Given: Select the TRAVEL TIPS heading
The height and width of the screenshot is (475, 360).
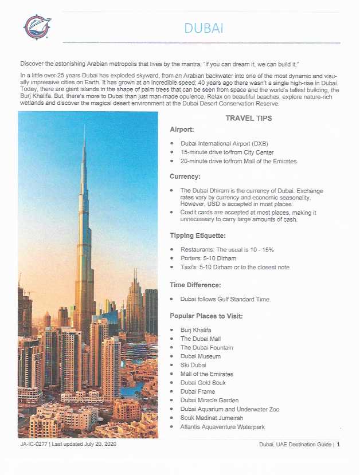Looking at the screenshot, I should click(x=248, y=119).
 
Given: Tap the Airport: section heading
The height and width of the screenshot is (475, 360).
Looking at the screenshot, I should click(x=182, y=129).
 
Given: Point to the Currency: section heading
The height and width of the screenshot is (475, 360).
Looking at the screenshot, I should click(x=185, y=176).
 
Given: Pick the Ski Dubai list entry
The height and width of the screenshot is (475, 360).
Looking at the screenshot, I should click(x=193, y=365).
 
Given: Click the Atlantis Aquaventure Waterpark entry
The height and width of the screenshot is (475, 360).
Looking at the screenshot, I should click(x=222, y=427).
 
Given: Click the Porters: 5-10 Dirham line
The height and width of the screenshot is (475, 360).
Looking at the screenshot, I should click(x=208, y=258).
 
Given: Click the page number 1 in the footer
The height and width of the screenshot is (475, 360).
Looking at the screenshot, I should click(x=338, y=445).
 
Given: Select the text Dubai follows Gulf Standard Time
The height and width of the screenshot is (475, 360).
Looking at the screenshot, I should click(x=225, y=299).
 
